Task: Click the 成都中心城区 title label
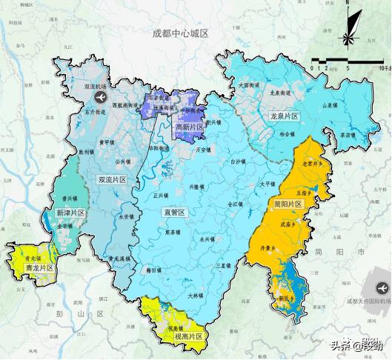tap(181, 34)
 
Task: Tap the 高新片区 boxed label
tap(190, 128)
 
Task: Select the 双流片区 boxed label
tap(113, 179)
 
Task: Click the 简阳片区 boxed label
tap(288, 204)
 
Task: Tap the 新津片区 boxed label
tap(71, 213)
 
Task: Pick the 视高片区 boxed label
tap(188, 336)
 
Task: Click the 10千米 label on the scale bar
tap(384, 67)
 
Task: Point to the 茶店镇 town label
tap(346, 136)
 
